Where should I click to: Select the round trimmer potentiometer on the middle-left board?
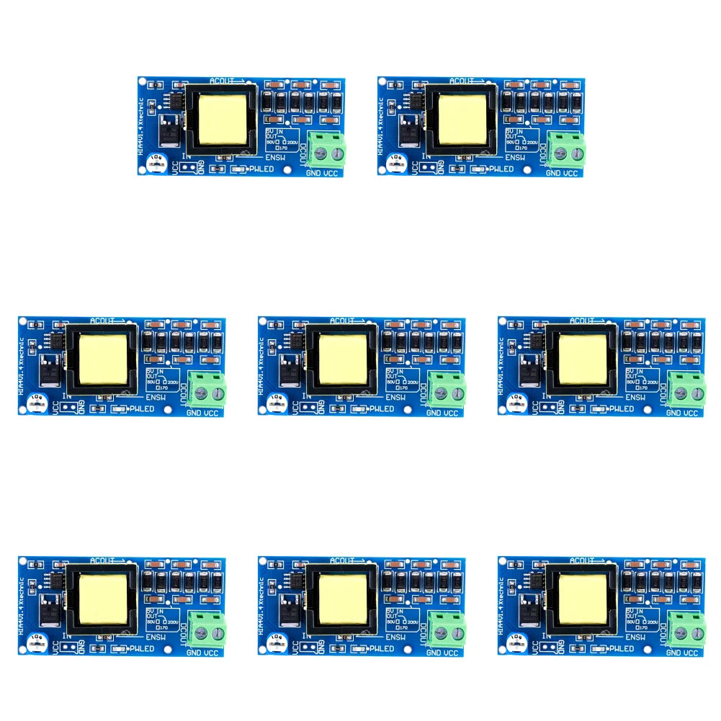click(35, 401)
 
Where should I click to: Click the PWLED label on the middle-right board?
click(621, 409)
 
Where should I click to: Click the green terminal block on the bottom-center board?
click(447, 629)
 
